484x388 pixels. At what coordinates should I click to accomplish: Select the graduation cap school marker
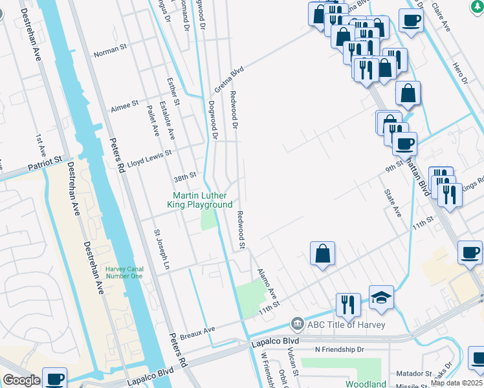pos(382,298)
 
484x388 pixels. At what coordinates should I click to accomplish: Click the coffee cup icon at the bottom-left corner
pos(55,379)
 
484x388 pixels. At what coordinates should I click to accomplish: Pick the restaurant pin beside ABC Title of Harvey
pos(348,305)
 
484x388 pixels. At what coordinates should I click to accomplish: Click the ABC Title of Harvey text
pos(347,325)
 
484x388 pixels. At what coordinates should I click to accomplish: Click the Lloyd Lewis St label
pos(149,153)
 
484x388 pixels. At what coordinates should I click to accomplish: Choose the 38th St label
pos(184,177)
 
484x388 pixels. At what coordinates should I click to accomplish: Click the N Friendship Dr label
pos(340,349)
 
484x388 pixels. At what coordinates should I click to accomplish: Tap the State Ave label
pos(393,202)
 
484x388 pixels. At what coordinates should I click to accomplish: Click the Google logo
pos(21,380)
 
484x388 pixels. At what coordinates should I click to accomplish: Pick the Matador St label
pos(413,373)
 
